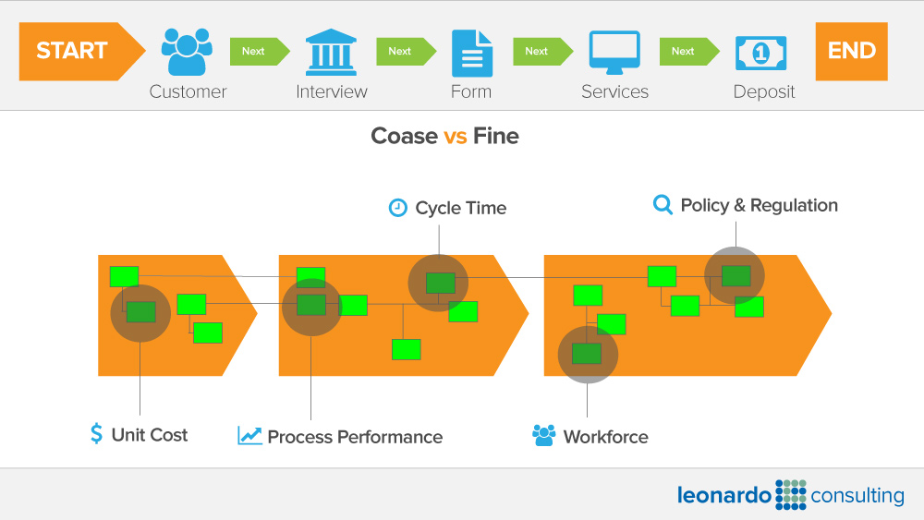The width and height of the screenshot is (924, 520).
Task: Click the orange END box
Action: point(851,52)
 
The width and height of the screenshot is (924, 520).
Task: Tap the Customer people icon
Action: point(188,52)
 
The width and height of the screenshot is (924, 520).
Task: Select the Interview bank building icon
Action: point(331,52)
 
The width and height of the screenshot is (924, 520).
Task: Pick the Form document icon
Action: point(471,53)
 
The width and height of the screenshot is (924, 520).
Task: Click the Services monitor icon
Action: point(614,53)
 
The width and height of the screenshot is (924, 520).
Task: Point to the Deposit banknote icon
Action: point(760,53)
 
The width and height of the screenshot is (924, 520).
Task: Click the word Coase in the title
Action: point(404,137)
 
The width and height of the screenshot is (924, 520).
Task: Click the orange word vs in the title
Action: point(456,137)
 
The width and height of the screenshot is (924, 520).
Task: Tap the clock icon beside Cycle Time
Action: point(397,208)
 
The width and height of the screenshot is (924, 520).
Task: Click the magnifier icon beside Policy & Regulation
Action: point(663,205)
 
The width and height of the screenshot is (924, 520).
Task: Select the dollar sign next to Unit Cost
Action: point(97,434)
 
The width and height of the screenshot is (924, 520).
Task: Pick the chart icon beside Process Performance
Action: point(249,436)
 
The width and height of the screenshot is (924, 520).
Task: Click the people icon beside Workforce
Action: point(543,436)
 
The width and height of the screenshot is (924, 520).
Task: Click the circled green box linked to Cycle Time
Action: point(440,283)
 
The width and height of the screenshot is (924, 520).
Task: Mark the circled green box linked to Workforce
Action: point(587,354)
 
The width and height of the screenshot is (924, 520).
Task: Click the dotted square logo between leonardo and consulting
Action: point(791,495)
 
